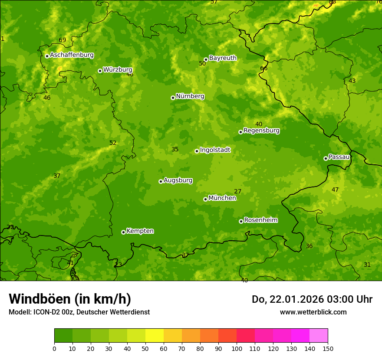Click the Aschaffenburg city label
point(72,55)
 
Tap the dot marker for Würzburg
point(100,71)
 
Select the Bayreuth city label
point(223,58)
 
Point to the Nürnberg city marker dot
point(173,98)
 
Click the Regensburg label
point(261,131)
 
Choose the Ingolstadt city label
point(215,150)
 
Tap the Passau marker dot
point(326,158)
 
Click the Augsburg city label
point(178,180)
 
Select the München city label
point(222,198)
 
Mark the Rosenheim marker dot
point(241,221)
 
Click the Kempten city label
point(140,231)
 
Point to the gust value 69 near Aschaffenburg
point(63,40)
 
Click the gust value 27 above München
point(237,191)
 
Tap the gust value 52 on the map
point(113,143)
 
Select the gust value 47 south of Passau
point(335,190)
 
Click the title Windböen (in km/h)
point(70,299)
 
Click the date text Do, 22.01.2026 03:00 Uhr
point(312,299)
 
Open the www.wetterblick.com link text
point(313,312)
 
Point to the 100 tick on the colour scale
point(237,348)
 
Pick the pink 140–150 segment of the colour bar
point(319,336)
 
